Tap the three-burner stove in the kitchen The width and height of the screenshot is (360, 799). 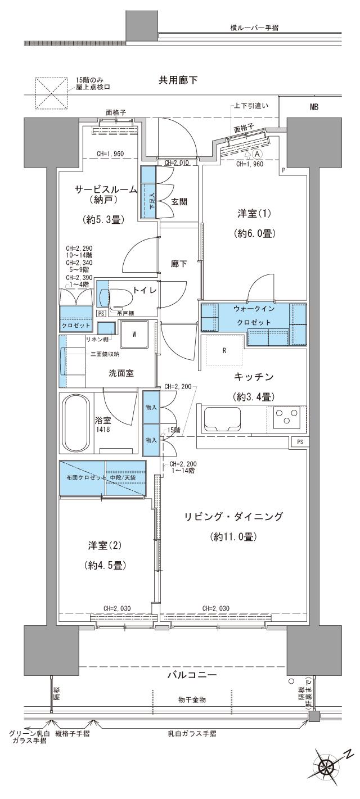point(287,419)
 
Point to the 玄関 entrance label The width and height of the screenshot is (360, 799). point(179,202)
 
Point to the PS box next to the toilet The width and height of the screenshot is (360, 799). point(101,313)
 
